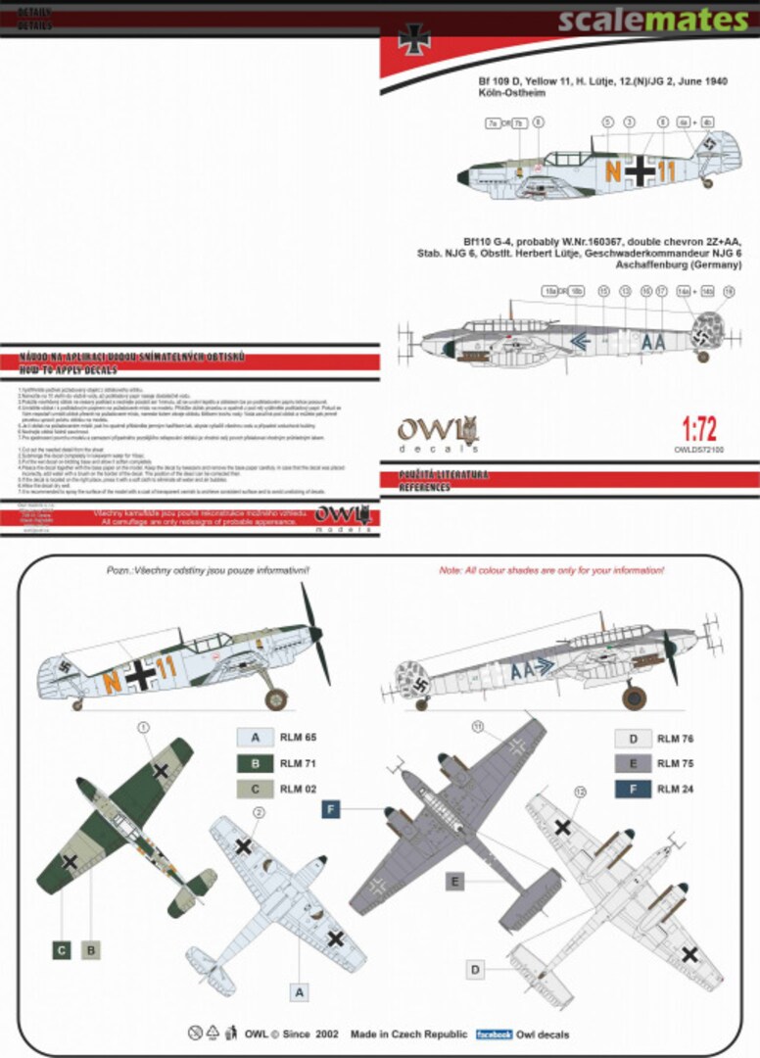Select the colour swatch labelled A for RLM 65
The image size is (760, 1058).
pyautogui.click(x=254, y=737)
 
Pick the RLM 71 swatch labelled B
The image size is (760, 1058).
pyautogui.click(x=254, y=762)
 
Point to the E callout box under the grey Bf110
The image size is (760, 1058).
pyautogui.click(x=453, y=882)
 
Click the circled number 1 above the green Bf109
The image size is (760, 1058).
pyautogui.click(x=144, y=728)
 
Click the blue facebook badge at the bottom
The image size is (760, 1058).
pyautogui.click(x=495, y=1034)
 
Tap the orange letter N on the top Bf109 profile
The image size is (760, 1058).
pyautogui.click(x=614, y=170)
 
